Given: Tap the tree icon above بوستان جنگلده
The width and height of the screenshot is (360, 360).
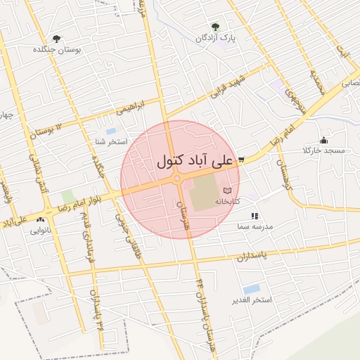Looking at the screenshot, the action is (56, 39).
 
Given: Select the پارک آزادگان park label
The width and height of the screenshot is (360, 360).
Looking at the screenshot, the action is (216, 37).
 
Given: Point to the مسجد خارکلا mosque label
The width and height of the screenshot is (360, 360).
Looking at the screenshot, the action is (323, 151).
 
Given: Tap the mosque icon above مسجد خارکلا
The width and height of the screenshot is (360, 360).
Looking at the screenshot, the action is (323, 141).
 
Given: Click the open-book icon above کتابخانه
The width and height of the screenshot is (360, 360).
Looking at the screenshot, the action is (226, 191).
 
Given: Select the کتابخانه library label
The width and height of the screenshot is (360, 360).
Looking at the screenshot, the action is (226, 201).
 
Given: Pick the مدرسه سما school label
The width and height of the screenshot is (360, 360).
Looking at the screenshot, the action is (254, 228).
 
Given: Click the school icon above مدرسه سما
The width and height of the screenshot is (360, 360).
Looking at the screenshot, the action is (255, 217).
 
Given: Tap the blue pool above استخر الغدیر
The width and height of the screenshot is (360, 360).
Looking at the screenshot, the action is (251, 289).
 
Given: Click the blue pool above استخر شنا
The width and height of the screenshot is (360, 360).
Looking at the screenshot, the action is (110, 131).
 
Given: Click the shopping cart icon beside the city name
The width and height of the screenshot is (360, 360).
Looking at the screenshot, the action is (241, 160).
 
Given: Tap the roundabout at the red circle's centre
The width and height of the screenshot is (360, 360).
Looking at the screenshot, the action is (178, 180).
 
